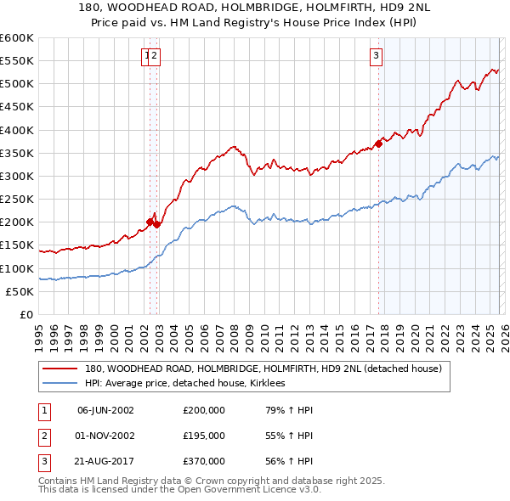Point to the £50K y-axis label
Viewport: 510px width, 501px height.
click(x=20, y=291)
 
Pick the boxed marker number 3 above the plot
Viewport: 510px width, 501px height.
click(x=375, y=57)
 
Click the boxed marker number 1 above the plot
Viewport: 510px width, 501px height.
click(x=147, y=57)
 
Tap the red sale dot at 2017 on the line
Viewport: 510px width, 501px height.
click(x=378, y=144)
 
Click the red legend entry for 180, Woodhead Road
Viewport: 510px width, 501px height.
click(x=263, y=369)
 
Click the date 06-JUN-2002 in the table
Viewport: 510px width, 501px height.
click(x=105, y=410)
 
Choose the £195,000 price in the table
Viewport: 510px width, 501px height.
click(x=204, y=436)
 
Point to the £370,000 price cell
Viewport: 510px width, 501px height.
click(x=204, y=461)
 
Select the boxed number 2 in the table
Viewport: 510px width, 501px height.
click(x=42, y=436)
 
